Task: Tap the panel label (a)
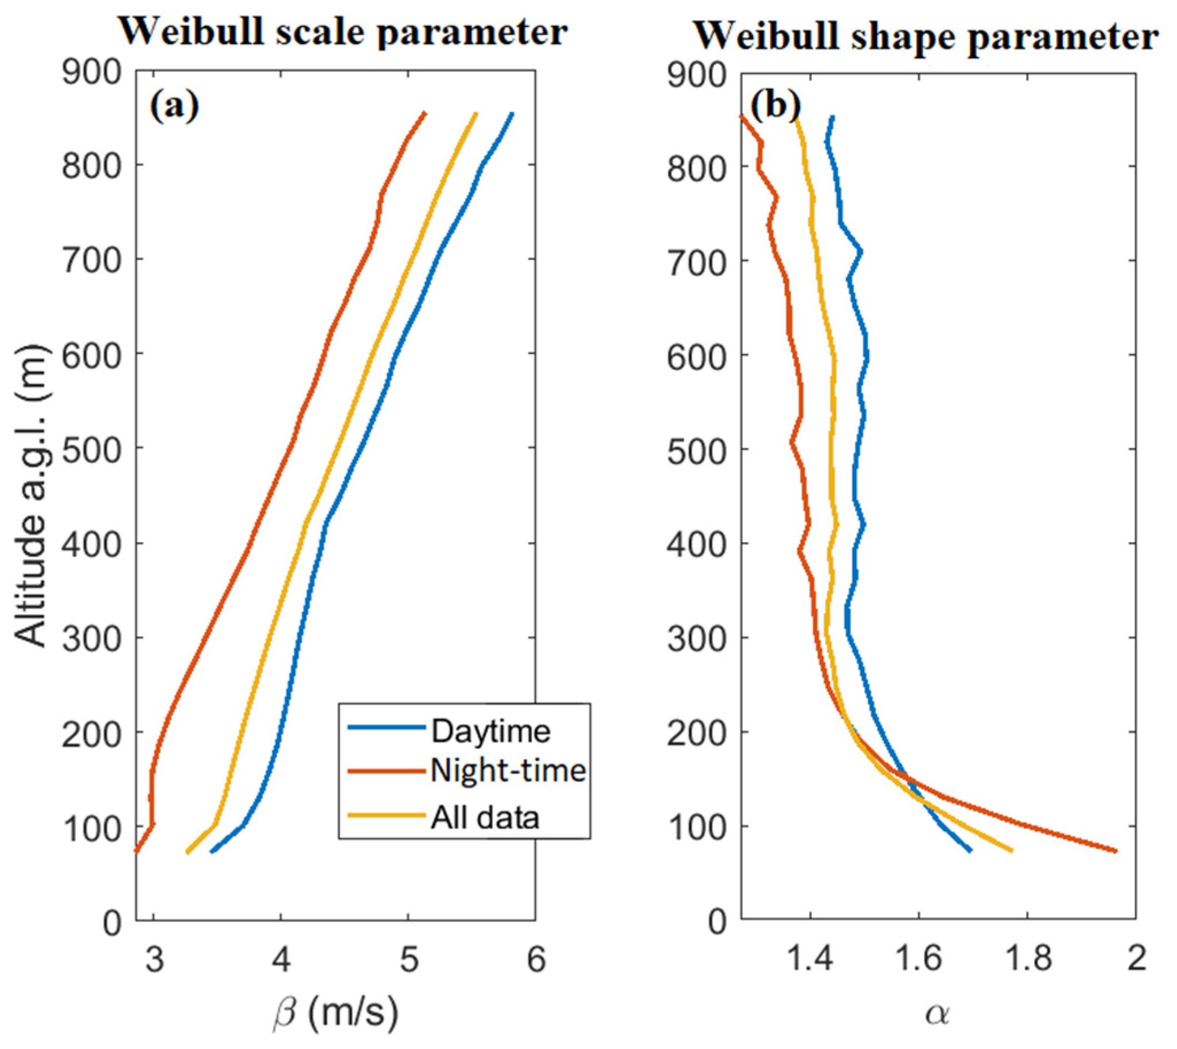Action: click(174, 107)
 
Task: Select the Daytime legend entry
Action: click(490, 731)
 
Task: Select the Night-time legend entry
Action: click(507, 771)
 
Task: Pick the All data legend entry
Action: click(484, 817)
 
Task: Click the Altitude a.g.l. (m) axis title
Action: click(30, 496)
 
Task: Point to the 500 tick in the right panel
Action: click(696, 450)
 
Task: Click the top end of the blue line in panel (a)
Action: click(512, 114)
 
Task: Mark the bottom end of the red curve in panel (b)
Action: click(1116, 851)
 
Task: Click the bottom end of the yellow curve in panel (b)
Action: click(1012, 851)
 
